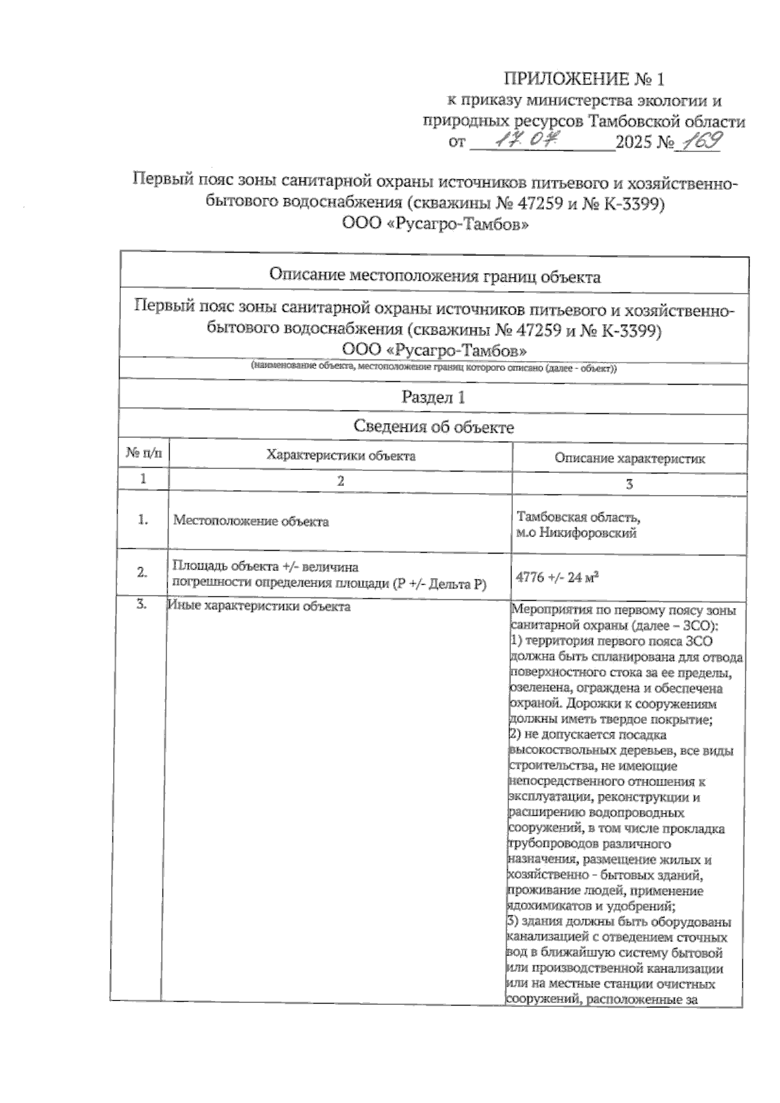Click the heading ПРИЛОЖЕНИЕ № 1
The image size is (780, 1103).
tap(584, 79)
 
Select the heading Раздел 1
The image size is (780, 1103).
tap(434, 396)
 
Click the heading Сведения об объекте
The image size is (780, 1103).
tap(434, 427)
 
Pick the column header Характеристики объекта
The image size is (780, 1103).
tap(341, 455)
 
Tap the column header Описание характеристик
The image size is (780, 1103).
tap(629, 459)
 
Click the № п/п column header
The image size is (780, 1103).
tap(144, 453)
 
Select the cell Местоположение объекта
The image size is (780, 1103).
tap(251, 521)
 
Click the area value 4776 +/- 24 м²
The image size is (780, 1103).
tap(556, 577)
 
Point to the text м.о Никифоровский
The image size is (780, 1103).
tap(576, 534)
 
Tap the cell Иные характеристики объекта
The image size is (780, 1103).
tap(259, 607)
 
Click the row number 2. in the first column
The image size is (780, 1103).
tap(142, 572)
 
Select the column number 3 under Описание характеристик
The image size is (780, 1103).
tap(629, 485)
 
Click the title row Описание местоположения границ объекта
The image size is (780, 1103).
tap(434, 277)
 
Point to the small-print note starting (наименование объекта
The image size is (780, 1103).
tap(434, 368)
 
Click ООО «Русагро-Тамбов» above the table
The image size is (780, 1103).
tap(434, 225)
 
